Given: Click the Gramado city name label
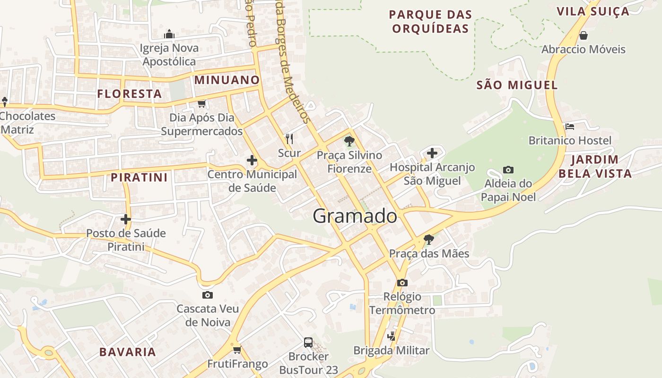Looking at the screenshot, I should (x=355, y=216).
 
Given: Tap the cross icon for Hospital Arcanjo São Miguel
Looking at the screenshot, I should (x=432, y=153).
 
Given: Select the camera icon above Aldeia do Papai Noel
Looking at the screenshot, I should (x=508, y=170).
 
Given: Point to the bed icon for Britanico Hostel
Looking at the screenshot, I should (x=570, y=127).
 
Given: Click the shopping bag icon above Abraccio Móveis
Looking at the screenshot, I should (x=584, y=35).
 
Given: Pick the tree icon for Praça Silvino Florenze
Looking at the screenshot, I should (x=349, y=141).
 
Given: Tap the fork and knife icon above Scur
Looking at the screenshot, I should (x=289, y=139).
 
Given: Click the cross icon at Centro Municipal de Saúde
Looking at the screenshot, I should (x=252, y=161).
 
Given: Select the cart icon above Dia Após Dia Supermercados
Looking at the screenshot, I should (x=202, y=104).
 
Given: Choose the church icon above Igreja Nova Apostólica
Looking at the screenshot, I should (x=169, y=34).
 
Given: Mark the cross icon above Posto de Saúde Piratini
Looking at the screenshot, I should (x=126, y=219).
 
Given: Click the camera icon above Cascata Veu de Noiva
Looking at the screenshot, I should (x=207, y=295).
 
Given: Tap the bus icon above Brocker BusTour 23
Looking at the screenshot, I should (x=308, y=342).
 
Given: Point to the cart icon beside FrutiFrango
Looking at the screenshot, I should (x=237, y=350).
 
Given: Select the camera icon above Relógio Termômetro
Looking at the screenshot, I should (x=402, y=283).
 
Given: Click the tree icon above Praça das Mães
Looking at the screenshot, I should (x=429, y=240).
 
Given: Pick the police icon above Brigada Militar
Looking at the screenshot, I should (x=391, y=336).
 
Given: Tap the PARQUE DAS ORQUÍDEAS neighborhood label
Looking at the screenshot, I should (x=430, y=21).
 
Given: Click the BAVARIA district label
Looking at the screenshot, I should (x=128, y=352).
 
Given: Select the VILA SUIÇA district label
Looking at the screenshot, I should (x=593, y=11).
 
